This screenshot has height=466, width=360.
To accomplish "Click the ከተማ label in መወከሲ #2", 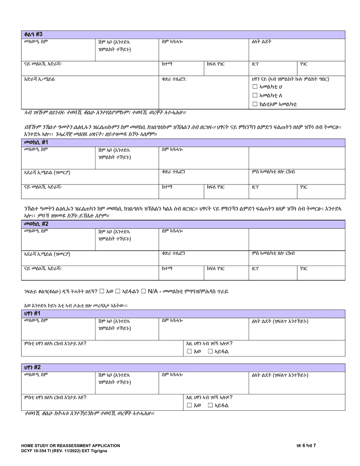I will (167, 268).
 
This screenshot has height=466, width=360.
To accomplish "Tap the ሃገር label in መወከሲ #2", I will (303, 268).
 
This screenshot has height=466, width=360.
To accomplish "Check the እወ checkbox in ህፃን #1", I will (189, 352).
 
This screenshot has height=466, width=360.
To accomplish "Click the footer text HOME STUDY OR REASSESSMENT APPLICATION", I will (70, 446).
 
